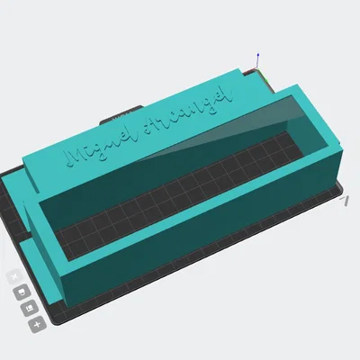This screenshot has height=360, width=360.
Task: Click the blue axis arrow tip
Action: tap(259, 53)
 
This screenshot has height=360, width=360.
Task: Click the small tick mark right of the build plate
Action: tap(346, 202)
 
